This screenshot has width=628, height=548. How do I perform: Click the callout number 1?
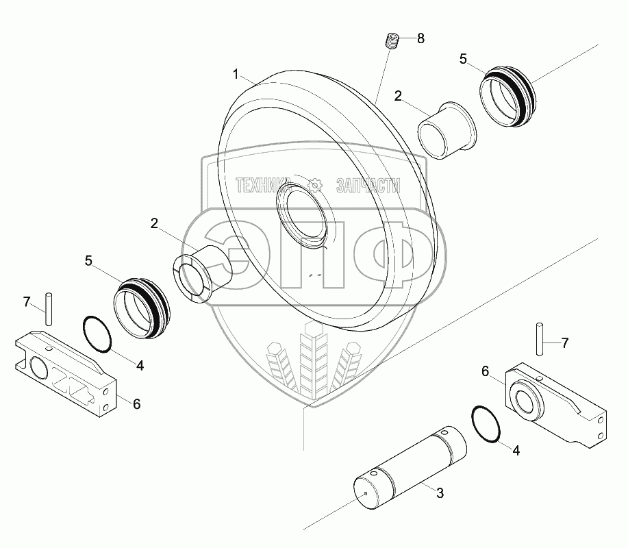[235, 73]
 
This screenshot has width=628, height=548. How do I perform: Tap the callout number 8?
[420, 38]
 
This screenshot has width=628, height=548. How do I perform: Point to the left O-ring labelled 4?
[97, 334]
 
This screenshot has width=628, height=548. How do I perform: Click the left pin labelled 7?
[49, 310]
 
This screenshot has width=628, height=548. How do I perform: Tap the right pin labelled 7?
[539, 339]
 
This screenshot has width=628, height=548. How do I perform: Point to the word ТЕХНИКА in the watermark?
[264, 185]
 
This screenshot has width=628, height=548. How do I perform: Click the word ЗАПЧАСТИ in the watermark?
[368, 185]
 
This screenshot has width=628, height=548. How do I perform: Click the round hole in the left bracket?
[38, 370]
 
